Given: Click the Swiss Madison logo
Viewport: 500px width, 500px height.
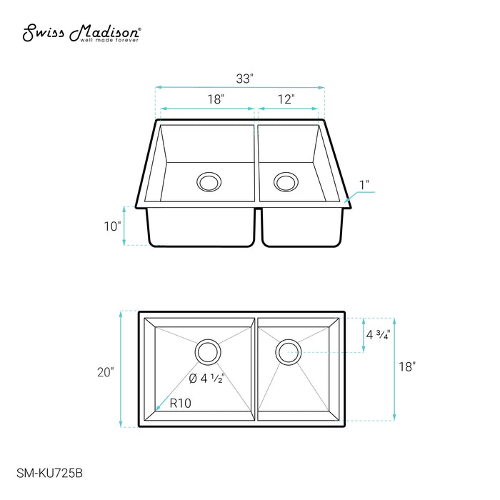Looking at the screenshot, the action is pyautogui.click(x=81, y=33).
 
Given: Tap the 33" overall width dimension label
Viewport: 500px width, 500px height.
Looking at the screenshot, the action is pyautogui.click(x=244, y=79).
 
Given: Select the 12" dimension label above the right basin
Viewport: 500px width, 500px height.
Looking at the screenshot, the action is pyautogui.click(x=286, y=99).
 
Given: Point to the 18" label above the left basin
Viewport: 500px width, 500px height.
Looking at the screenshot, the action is pyautogui.click(x=216, y=99).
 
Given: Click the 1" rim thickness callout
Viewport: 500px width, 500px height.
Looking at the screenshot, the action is pyautogui.click(x=364, y=185).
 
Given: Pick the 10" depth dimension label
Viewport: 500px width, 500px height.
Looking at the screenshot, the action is pyautogui.click(x=113, y=226).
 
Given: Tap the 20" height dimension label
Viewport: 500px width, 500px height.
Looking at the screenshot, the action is pyautogui.click(x=106, y=372).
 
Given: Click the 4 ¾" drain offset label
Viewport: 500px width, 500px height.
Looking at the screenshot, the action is pyautogui.click(x=378, y=335).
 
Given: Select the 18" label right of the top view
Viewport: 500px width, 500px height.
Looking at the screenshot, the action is pyautogui.click(x=407, y=366).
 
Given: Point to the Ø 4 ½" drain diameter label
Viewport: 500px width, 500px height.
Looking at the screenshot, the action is pyautogui.click(x=207, y=379).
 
